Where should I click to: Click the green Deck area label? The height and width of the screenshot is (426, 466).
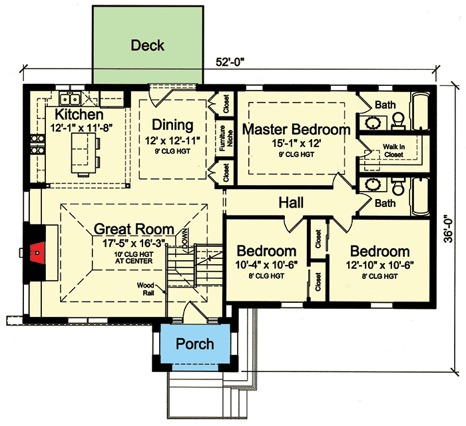(x=147, y=46)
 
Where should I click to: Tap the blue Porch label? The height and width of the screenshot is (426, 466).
(x=194, y=344)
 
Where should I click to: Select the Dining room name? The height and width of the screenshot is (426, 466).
(x=172, y=124)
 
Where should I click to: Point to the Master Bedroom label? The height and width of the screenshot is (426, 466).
(x=296, y=130)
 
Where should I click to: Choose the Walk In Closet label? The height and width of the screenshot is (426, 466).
(x=393, y=151)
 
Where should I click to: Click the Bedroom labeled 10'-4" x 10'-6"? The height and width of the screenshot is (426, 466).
(x=266, y=252)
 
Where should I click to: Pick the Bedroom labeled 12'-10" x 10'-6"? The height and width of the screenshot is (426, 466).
(x=379, y=252)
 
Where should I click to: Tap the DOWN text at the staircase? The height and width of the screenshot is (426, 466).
(x=186, y=234)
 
